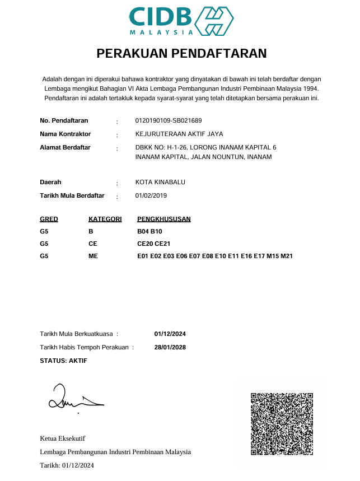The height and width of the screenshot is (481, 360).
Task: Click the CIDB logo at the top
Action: (181, 21)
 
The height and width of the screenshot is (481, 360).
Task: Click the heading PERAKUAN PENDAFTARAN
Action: (181, 54)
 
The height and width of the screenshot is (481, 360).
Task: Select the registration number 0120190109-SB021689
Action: (169, 120)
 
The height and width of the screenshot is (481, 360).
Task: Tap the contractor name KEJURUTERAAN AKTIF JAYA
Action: (179, 134)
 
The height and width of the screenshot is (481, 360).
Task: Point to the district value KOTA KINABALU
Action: (160, 182)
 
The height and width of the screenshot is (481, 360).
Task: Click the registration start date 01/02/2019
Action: (151, 195)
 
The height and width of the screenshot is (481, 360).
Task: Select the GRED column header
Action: (49, 219)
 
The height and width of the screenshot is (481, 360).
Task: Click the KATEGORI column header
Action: (105, 219)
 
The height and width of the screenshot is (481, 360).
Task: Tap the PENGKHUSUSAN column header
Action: (164, 219)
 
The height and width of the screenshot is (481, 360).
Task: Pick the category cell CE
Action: (93, 244)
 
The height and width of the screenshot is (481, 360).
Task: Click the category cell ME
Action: (93, 256)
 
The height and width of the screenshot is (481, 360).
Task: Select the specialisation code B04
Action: (143, 231)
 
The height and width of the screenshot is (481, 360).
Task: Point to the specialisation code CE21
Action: (162, 244)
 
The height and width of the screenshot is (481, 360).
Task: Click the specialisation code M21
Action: (287, 256)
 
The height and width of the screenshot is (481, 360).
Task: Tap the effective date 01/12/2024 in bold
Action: (170, 334)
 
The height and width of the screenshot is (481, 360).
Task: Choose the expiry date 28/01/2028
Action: (170, 347)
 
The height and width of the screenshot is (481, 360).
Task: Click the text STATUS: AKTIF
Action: (63, 361)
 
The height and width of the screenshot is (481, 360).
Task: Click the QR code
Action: (282, 423)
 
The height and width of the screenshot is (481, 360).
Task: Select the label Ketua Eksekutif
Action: (62, 438)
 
